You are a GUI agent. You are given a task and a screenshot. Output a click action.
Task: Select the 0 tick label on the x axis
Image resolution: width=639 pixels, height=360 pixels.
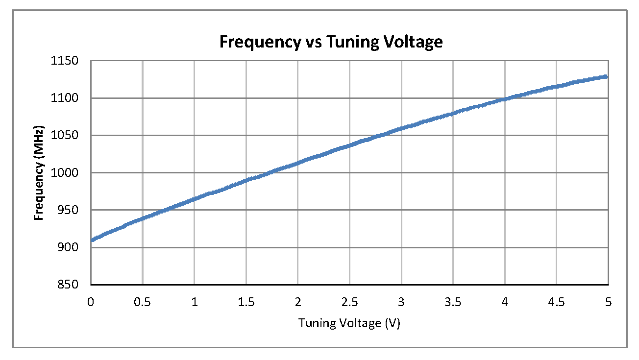pos(91,302)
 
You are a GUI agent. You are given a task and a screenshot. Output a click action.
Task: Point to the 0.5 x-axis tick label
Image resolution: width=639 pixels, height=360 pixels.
pos(142,302)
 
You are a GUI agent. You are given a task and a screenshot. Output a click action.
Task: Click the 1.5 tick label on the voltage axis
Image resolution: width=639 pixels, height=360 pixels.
pos(246,302)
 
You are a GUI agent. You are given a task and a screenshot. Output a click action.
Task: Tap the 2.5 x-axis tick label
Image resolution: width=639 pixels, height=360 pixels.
pos(349,302)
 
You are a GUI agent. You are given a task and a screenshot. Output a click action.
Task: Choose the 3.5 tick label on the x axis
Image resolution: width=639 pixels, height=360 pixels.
pos(453,302)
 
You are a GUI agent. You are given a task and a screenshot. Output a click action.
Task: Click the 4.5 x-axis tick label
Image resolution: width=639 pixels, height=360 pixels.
pos(556,302)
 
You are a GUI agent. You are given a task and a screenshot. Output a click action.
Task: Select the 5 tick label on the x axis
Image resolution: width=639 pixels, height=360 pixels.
pos(608,302)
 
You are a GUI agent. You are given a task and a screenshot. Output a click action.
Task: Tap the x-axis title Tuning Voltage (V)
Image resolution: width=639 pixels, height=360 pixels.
pos(349,323)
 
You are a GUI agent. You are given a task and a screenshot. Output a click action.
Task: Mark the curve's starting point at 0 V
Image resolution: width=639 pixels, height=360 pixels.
pos(92,240)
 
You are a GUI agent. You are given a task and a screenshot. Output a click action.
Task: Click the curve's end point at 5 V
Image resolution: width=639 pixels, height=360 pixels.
pos(606,77)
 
